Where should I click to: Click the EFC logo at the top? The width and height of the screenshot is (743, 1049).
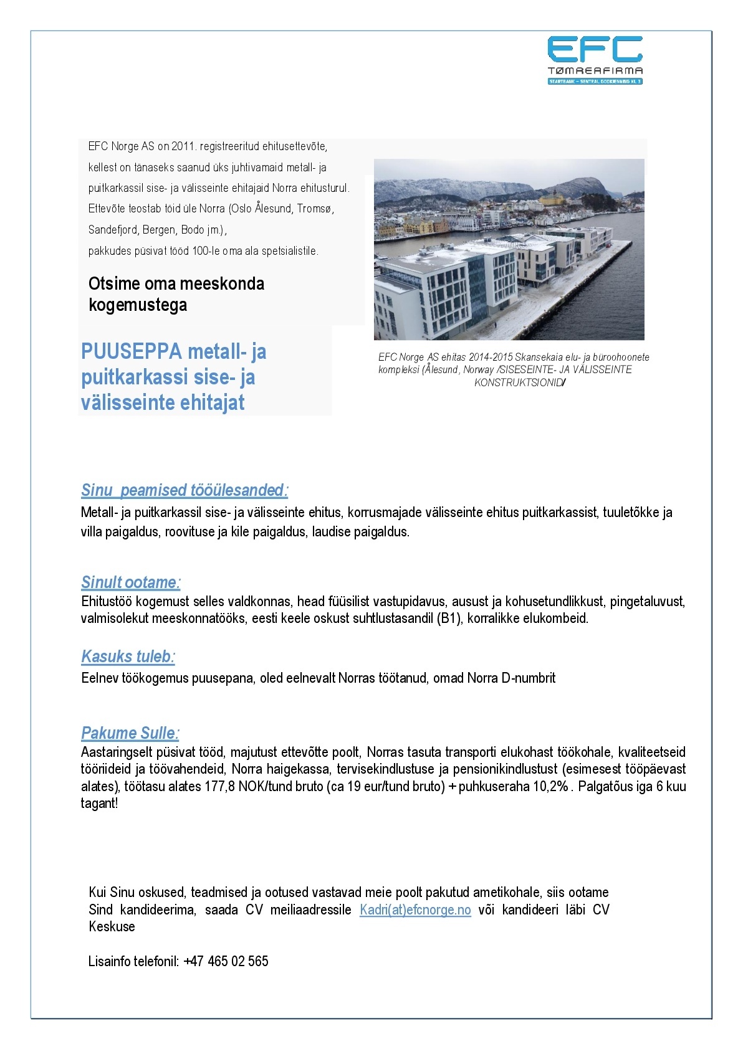point(595,60)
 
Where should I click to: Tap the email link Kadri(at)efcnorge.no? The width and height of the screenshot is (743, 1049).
point(415,910)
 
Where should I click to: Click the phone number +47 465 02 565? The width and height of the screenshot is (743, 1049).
point(226,961)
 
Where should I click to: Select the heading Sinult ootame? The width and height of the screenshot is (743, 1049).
point(130,582)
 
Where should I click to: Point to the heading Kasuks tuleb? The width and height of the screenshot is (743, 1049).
point(128,657)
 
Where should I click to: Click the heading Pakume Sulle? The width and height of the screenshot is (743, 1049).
point(130,733)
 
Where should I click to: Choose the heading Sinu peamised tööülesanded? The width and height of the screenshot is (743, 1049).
point(185,490)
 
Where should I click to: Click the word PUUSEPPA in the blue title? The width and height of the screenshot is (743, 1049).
point(131,352)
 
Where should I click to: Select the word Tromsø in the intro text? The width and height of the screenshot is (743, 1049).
point(315,209)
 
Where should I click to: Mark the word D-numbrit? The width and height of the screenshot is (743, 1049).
point(529,678)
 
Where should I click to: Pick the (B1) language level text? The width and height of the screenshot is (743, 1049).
point(449,619)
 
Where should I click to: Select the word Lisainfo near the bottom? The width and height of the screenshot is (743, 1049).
point(109,961)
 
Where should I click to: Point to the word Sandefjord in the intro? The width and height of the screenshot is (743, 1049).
point(113,230)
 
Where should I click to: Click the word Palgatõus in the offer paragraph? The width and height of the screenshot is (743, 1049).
point(603,786)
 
